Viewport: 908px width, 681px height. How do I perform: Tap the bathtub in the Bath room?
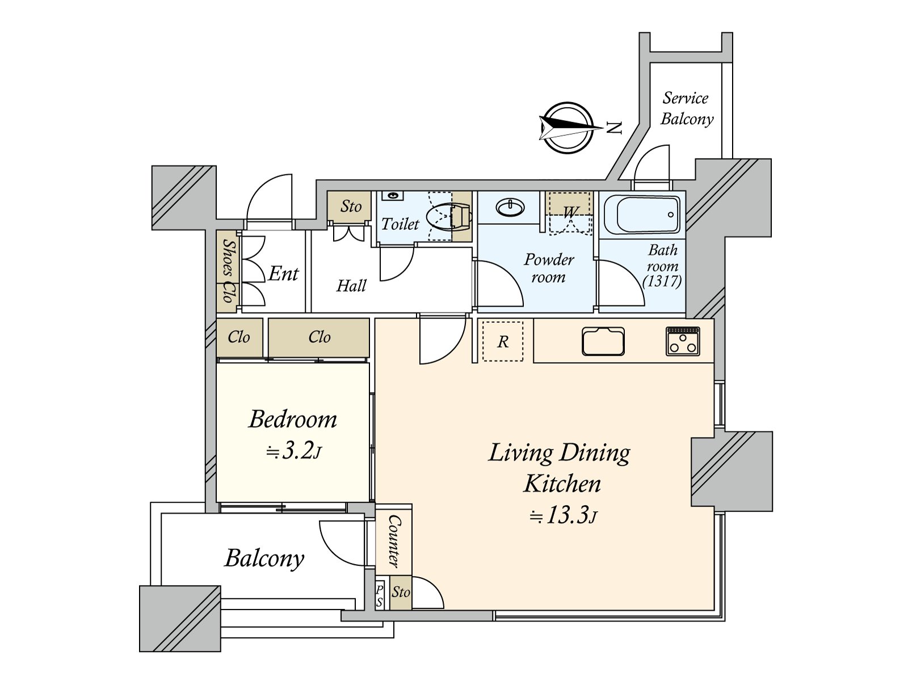[x=642, y=215]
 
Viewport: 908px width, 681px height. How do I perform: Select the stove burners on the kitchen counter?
[x=683, y=342]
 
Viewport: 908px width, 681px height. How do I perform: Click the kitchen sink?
[x=603, y=342]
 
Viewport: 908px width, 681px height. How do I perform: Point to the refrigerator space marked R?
[x=503, y=341]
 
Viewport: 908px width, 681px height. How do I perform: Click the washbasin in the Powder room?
[x=510, y=208]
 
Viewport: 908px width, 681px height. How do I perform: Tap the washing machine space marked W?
[x=570, y=213]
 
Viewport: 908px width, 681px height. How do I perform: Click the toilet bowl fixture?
[x=448, y=217]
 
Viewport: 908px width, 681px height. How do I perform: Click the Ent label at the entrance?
[x=283, y=274]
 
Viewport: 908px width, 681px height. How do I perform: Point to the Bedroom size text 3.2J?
[x=294, y=451]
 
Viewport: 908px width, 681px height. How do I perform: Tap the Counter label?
[x=394, y=541]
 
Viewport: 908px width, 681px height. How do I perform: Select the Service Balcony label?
[x=687, y=108]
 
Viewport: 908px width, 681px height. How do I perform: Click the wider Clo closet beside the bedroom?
[x=319, y=337]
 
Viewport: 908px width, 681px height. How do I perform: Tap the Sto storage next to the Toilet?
[x=350, y=207]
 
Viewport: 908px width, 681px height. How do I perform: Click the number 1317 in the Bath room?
[x=662, y=281]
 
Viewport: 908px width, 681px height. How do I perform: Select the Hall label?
[x=351, y=285]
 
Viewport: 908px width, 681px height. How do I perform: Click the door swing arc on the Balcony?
[x=340, y=545]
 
